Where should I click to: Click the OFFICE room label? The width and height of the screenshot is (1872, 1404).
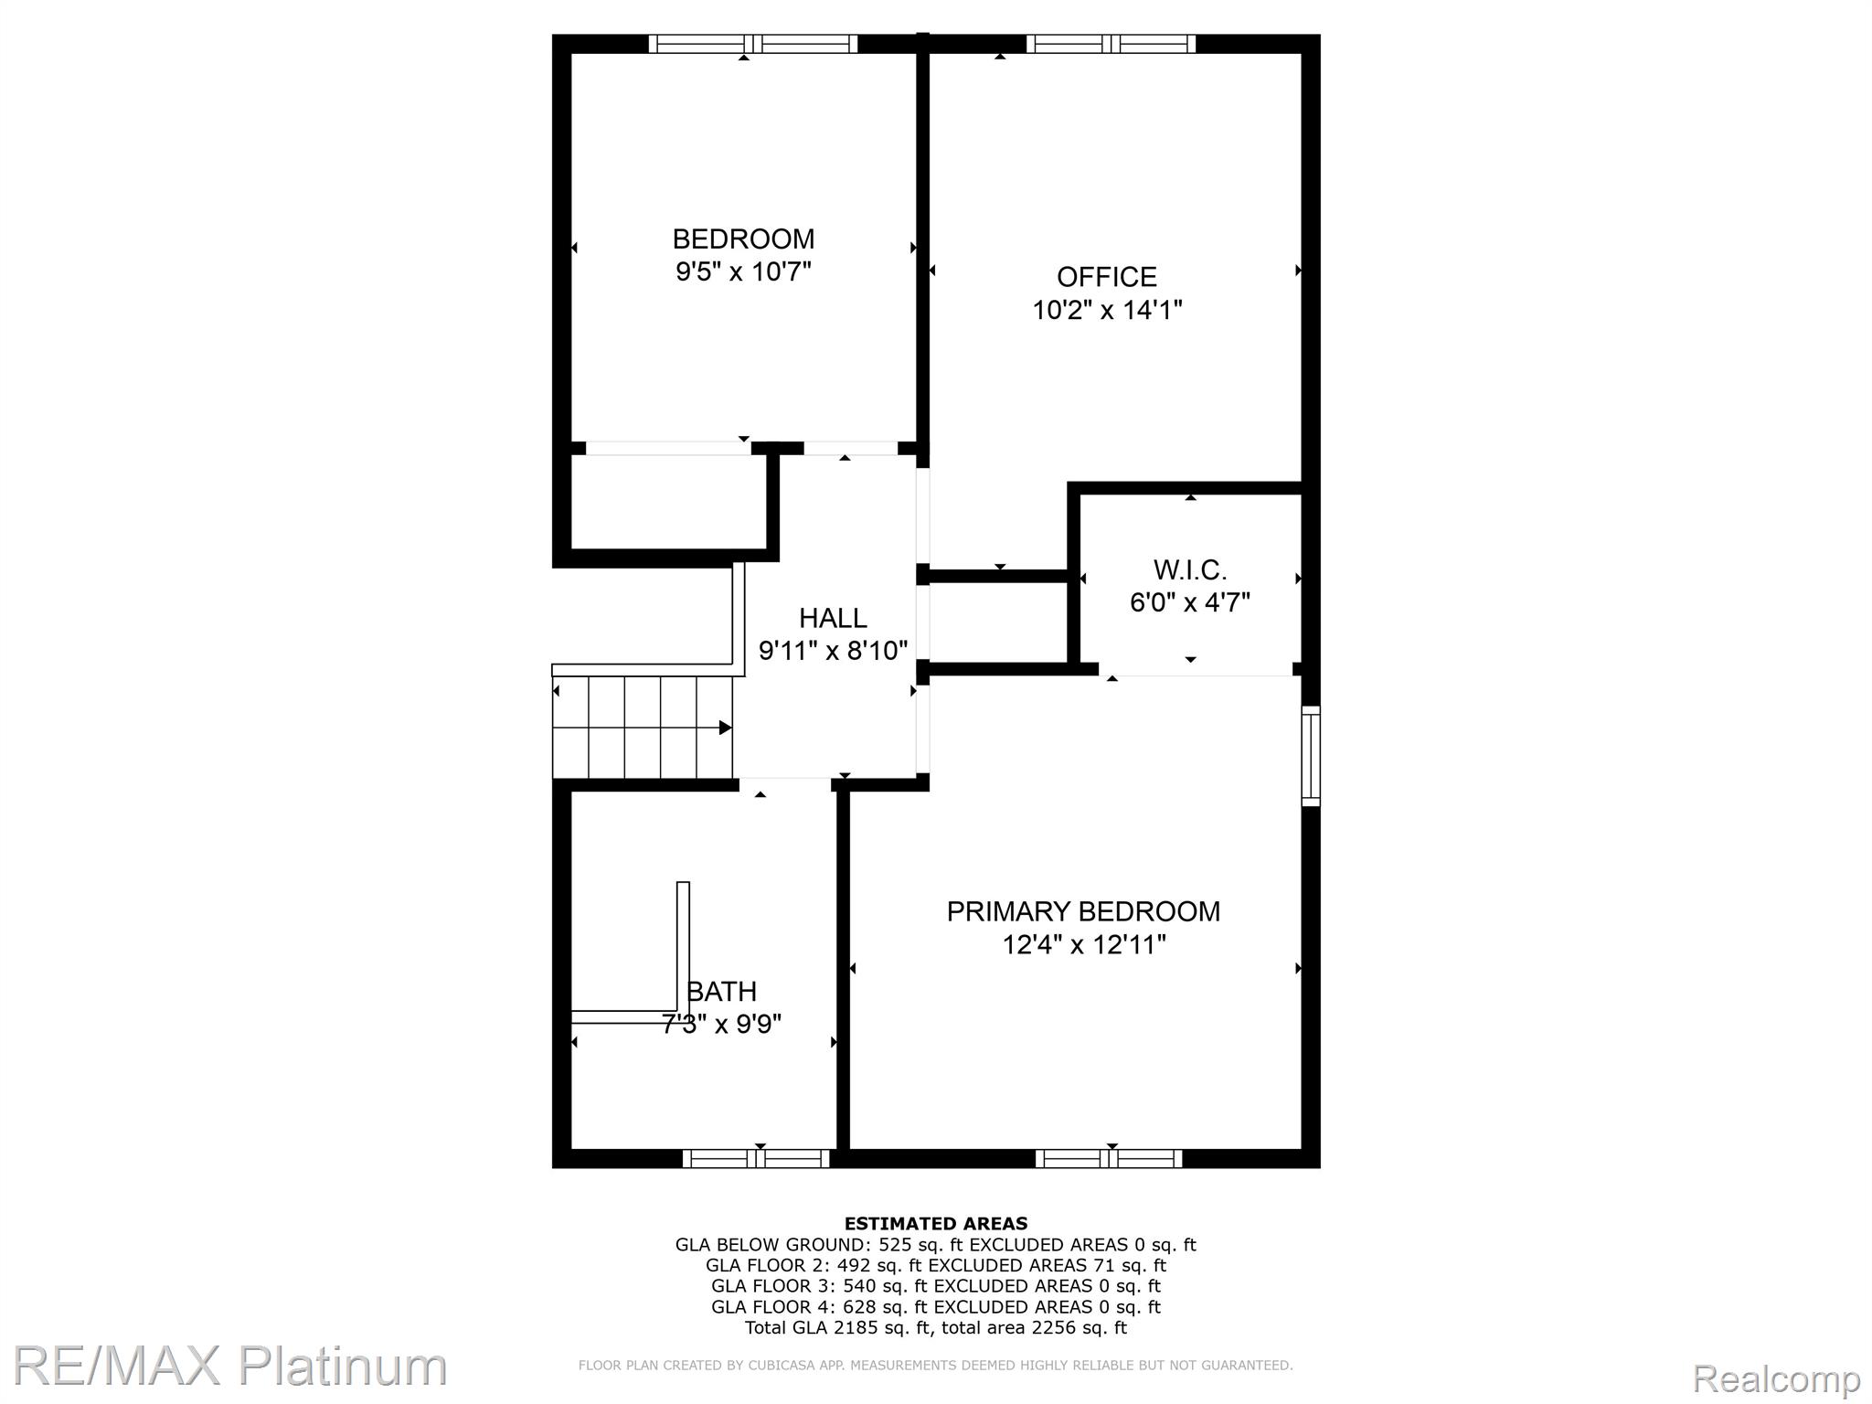coord(1106,277)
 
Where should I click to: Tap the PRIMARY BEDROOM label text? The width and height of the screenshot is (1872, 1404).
coord(1083,911)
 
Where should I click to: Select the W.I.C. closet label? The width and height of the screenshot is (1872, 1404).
coord(1190,570)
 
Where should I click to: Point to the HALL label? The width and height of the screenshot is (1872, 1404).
coord(833,619)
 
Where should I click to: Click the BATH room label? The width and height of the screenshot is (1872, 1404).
coord(722,992)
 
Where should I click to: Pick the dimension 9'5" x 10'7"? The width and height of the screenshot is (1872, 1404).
coord(743,271)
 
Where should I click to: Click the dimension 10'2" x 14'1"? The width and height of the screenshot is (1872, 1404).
coord(1107,311)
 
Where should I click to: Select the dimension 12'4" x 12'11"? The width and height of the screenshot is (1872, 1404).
coord(1084,944)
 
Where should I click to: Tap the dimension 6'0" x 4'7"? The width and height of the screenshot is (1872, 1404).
coord(1190,603)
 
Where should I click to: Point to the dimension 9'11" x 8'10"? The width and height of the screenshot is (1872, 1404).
coord(833,651)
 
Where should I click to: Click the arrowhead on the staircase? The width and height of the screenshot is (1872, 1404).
coord(725,728)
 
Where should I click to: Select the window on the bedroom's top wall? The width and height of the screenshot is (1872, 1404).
coord(753,44)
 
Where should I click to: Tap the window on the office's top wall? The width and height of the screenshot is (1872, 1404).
coord(1111,44)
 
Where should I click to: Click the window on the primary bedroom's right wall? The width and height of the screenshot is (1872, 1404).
coord(1311,755)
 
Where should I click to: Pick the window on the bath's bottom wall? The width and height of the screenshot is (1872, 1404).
coord(756,1159)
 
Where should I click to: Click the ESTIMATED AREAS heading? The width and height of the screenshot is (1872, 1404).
coord(935,1223)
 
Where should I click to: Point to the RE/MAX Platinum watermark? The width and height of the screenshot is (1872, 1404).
coord(229,1366)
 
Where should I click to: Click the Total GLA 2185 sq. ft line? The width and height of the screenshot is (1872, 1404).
coord(935,1328)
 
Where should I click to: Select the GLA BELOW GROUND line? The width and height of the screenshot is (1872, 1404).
coord(935,1244)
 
